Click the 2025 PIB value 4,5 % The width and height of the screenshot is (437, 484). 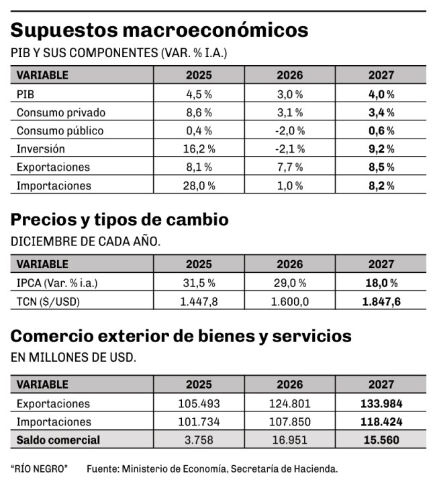pyautogui.click(x=199, y=94)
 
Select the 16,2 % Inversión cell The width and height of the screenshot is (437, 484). pyautogui.click(x=199, y=149)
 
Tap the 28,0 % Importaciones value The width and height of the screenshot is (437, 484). pyautogui.click(x=199, y=186)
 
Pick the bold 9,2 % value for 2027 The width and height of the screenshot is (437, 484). pyautogui.click(x=381, y=149)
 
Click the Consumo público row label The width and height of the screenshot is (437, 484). pyautogui.click(x=60, y=130)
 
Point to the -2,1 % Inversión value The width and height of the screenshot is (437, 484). pyautogui.click(x=290, y=149)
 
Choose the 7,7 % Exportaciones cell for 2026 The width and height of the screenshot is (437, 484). pyautogui.click(x=290, y=167)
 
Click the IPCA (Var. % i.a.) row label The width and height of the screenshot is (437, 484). pyautogui.click(x=57, y=283)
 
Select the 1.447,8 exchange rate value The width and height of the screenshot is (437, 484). pyautogui.click(x=199, y=301)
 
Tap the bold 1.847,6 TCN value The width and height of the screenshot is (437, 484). pyautogui.click(x=381, y=301)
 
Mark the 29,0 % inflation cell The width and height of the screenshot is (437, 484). pyautogui.click(x=290, y=283)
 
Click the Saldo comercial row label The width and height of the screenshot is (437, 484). pyautogui.click(x=58, y=440)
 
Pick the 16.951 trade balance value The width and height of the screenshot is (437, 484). pyautogui.click(x=290, y=440)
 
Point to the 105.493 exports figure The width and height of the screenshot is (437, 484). pyautogui.click(x=199, y=403)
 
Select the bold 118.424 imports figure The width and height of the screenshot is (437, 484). pyautogui.click(x=381, y=421)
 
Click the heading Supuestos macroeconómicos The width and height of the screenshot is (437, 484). pyautogui.click(x=159, y=30)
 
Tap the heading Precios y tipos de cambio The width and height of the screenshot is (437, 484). pyautogui.click(x=119, y=220)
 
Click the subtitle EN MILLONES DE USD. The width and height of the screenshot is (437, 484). pyautogui.click(x=73, y=357)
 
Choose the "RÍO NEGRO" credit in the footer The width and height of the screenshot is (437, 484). pyautogui.click(x=39, y=469)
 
